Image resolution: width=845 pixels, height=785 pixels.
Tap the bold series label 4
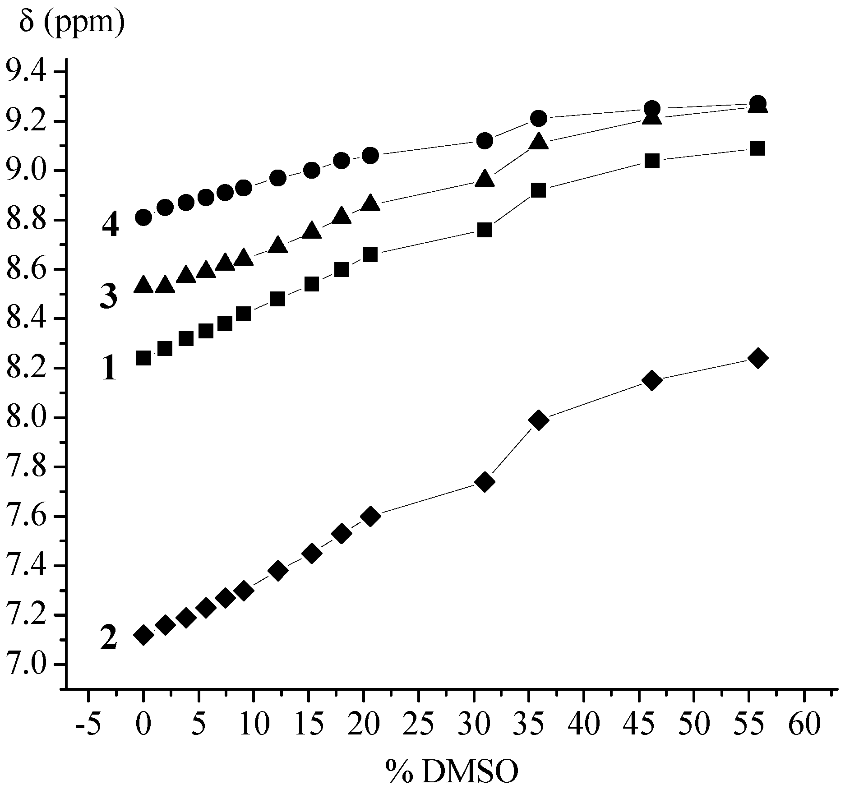110,225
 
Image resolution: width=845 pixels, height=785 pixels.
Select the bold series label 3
109,296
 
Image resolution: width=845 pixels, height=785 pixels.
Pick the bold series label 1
109,368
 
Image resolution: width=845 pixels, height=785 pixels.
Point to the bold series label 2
109,638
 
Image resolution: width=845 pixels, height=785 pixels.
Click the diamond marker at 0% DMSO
143,635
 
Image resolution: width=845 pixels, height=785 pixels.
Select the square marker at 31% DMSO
485,230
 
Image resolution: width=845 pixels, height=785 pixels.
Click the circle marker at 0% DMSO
143,217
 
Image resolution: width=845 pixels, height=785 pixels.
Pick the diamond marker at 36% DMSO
539,420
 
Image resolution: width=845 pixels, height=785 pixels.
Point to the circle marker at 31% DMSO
485,141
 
